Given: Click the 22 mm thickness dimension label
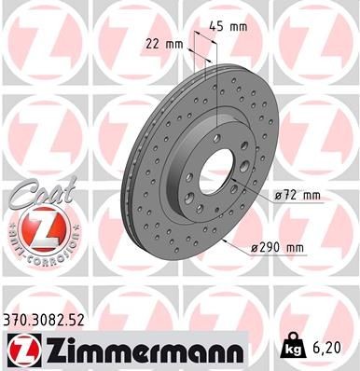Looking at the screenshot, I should coord(163,44).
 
